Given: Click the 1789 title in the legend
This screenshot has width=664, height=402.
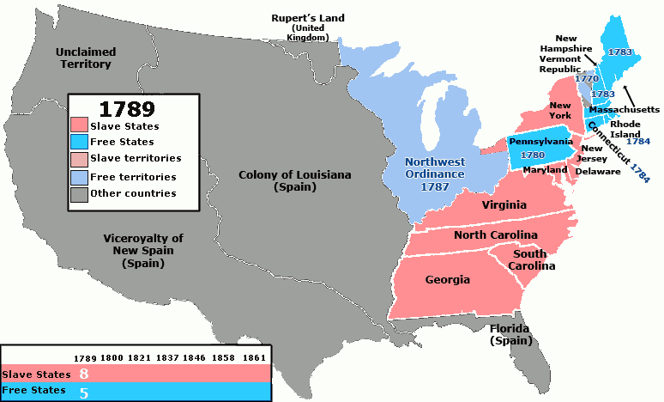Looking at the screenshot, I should point(127,110).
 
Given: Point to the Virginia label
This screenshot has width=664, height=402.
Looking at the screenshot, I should point(504,205).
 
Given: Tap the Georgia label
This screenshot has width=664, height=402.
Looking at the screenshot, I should point(447,280).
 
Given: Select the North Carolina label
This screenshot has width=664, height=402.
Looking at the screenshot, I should point(495,234).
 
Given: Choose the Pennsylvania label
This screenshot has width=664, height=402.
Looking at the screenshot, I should point(540,140).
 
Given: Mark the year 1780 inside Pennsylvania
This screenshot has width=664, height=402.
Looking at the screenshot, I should point(534,155).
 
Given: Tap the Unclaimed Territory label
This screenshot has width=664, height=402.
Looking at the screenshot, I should point(84,58).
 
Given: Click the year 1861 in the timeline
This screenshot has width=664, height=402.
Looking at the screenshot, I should point(254,357).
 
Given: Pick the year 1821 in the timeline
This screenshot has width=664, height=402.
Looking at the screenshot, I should point(142,357).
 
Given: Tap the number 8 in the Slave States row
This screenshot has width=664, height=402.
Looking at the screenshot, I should point(84,375).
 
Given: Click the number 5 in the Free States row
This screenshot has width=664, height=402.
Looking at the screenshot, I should point(83,393).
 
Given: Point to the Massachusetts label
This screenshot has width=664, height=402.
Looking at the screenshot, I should point(624,110).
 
